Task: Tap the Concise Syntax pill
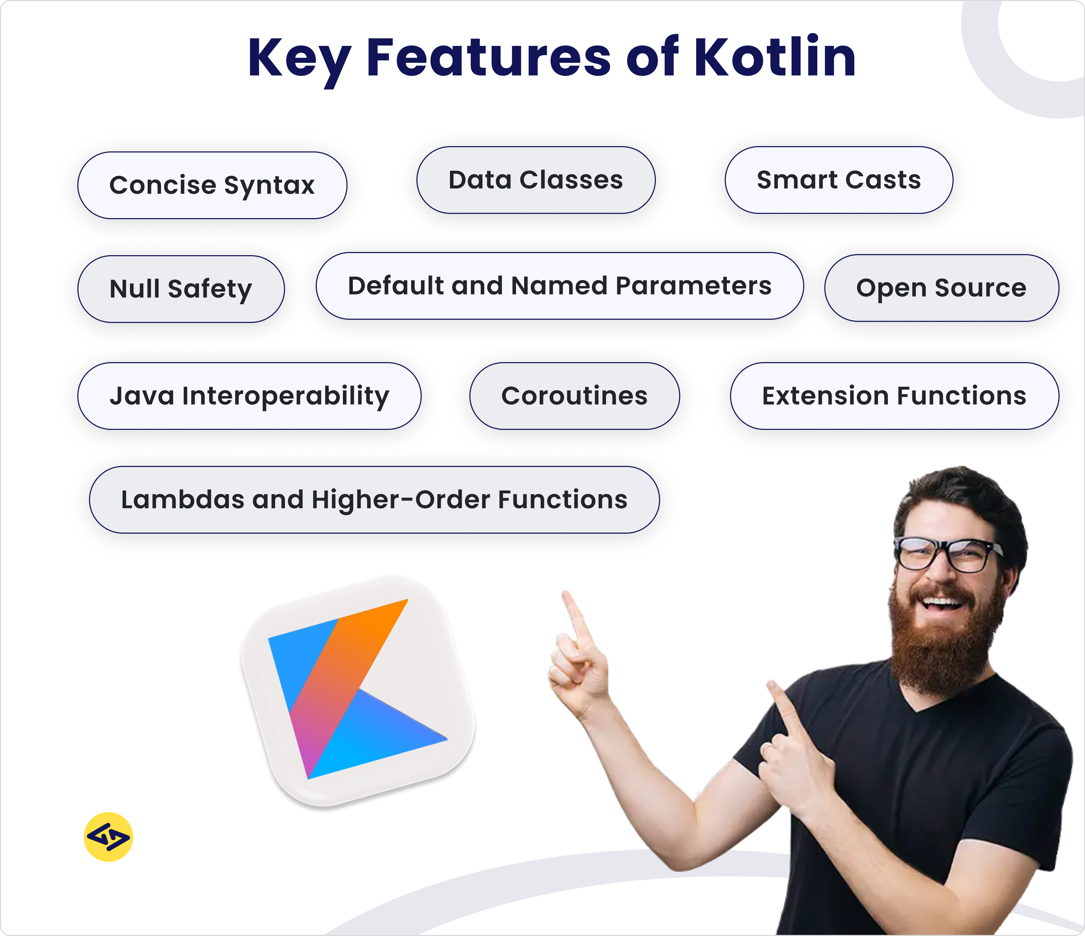(x=212, y=185)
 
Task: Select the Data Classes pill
(x=536, y=180)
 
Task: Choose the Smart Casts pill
(x=838, y=180)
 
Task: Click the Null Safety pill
(x=181, y=289)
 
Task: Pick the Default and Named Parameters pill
(x=559, y=286)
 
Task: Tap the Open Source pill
(x=941, y=288)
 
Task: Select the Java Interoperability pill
(x=249, y=396)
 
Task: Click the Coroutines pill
(x=574, y=396)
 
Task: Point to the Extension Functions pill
(x=894, y=396)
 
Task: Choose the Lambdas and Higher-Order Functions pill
(x=374, y=500)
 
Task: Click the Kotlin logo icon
(x=358, y=691)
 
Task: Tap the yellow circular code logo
(x=108, y=837)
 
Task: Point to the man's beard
(x=943, y=649)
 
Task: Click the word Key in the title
(x=298, y=59)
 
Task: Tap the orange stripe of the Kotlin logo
(x=356, y=654)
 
